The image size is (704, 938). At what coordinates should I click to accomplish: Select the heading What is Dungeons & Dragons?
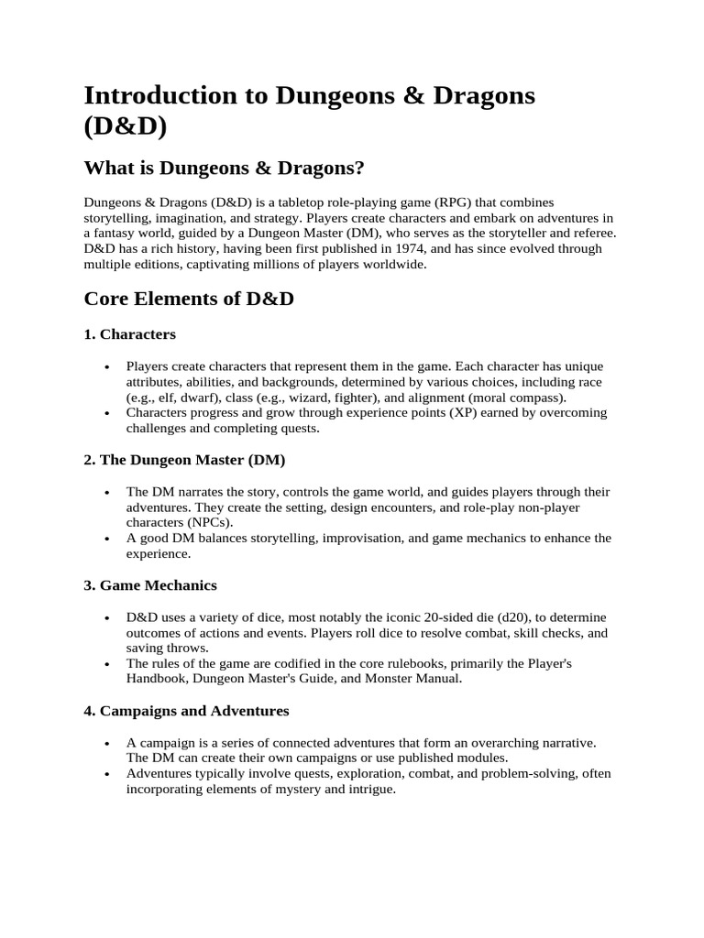[225, 168]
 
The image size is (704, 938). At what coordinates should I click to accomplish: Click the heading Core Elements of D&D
[189, 299]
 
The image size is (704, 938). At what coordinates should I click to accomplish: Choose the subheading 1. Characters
[130, 334]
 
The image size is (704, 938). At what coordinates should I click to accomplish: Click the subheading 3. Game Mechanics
[150, 584]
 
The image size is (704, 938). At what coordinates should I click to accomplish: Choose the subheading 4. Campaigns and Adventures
[186, 710]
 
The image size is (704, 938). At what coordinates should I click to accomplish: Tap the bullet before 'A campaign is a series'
[108, 743]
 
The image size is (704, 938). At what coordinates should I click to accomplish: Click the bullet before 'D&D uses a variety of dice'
[108, 617]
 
